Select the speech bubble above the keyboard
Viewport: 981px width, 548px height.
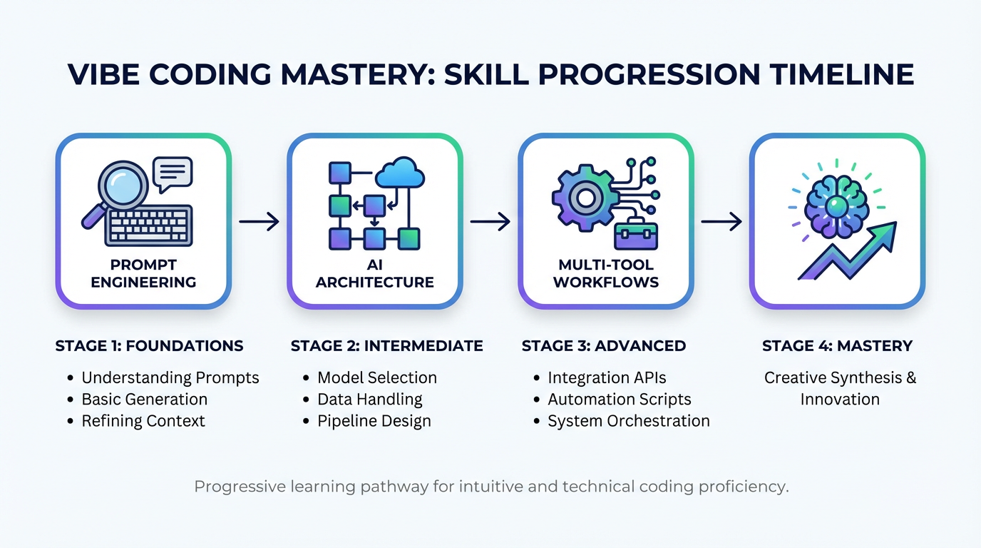click(173, 173)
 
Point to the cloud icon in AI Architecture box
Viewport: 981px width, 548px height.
click(399, 174)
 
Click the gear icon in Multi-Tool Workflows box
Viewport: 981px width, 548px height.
click(585, 198)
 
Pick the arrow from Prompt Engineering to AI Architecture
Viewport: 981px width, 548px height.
click(259, 222)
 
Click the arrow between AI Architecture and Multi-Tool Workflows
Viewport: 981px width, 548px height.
click(490, 222)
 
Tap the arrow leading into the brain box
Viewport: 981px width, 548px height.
click(721, 222)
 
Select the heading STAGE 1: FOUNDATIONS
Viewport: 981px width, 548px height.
click(149, 346)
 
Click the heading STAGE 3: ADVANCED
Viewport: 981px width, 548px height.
click(603, 346)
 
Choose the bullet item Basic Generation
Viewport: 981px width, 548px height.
click(144, 399)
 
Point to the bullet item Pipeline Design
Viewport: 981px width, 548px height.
click(374, 420)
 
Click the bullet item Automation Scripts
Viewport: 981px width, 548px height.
click(619, 399)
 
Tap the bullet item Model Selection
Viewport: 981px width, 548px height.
click(376, 377)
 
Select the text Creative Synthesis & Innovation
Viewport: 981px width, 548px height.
click(840, 388)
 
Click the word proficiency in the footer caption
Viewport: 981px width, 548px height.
click(746, 487)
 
